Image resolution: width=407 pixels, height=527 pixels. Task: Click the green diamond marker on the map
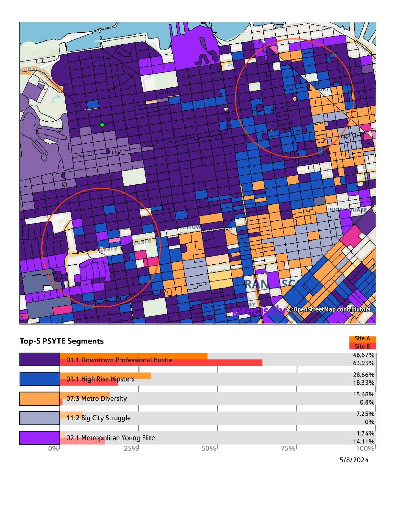click(102, 125)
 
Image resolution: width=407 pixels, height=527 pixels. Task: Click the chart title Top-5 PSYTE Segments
click(62, 341)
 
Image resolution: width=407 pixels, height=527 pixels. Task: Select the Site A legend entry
click(362, 338)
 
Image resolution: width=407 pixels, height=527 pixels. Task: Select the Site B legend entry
click(362, 346)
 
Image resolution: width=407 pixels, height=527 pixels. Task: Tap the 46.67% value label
click(363, 355)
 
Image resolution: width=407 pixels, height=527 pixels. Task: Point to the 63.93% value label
click(363, 363)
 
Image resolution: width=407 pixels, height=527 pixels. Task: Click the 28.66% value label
click(363, 375)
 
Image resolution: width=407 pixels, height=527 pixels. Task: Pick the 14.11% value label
click(363, 441)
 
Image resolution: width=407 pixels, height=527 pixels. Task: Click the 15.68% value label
click(363, 394)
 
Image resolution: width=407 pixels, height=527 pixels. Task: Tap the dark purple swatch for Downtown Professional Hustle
click(39, 359)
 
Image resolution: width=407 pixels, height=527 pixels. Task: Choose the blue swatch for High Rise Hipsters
click(39, 379)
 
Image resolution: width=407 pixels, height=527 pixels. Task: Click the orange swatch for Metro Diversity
click(39, 398)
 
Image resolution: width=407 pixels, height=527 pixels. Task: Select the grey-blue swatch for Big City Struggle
click(39, 418)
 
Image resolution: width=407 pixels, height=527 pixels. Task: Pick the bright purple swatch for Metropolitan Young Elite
click(39, 438)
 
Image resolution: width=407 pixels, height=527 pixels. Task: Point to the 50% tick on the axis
click(209, 448)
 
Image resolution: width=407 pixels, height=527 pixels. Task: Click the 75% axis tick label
click(288, 448)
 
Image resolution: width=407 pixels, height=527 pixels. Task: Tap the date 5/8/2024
click(354, 460)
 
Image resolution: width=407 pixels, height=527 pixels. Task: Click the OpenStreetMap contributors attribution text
click(328, 309)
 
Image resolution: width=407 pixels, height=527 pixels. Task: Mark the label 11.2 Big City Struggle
click(98, 418)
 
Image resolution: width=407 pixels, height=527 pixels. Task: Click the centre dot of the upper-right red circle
click(295, 99)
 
